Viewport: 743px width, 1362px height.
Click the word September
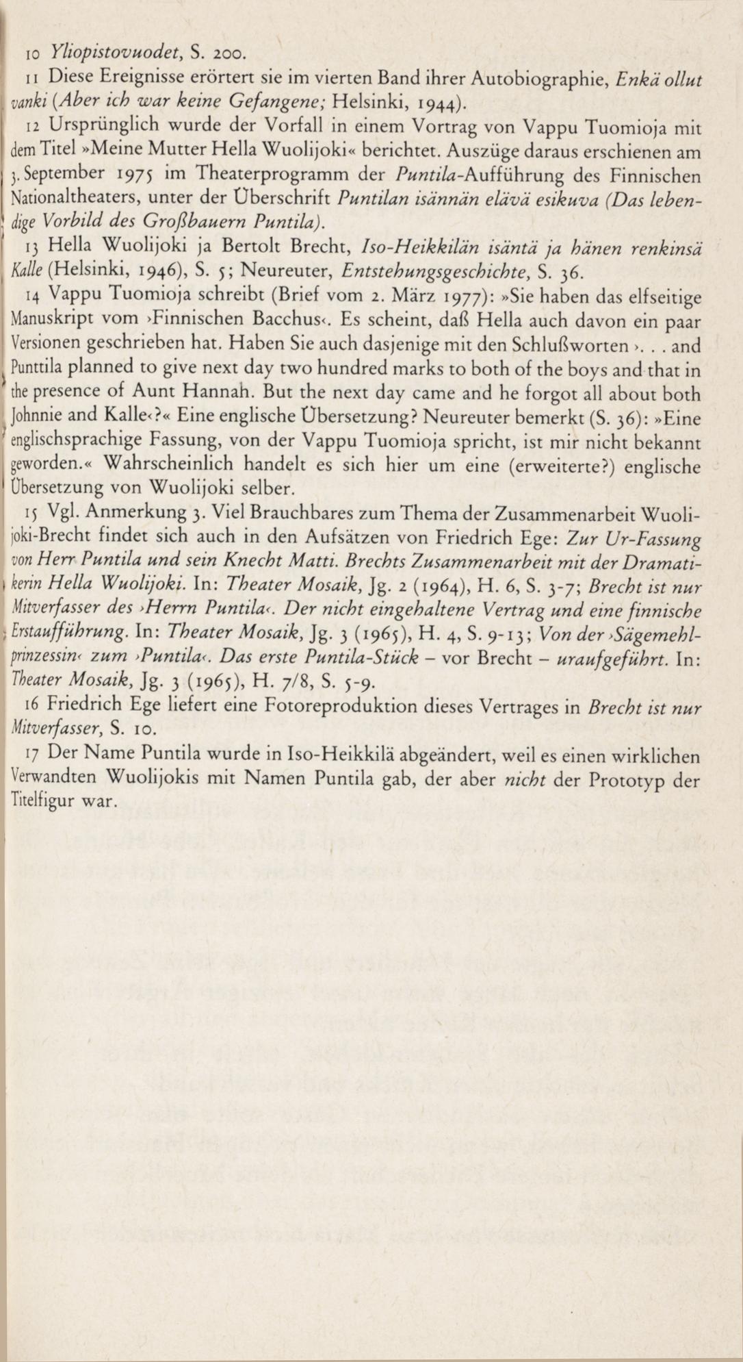66,173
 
